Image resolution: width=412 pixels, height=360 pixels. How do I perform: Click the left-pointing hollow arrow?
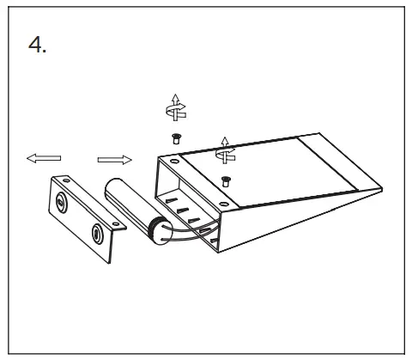43,158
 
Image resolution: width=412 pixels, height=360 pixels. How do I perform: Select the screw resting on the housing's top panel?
226,180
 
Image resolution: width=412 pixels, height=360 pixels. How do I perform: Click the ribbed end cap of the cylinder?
156,230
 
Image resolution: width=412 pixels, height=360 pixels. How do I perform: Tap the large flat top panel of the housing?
257,176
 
